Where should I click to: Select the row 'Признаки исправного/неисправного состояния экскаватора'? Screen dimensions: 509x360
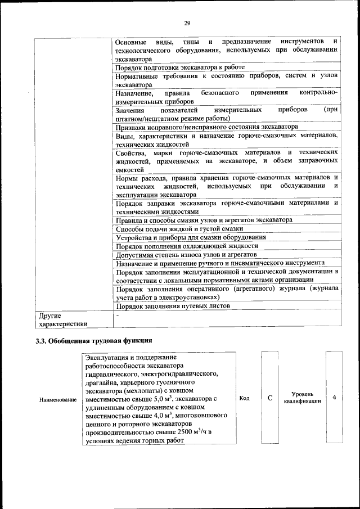pyautogui.click(x=206, y=127)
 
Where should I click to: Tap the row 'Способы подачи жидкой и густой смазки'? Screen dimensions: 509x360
pyautogui.click(x=179, y=229)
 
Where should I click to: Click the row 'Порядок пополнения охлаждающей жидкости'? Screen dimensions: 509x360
pyautogui.click(x=187, y=246)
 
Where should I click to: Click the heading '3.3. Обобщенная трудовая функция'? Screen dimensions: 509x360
pyautogui.click(x=93, y=341)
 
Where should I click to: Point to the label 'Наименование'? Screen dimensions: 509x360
pyautogui.click(x=58, y=399)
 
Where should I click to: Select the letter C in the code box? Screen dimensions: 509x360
pyautogui.click(x=270, y=398)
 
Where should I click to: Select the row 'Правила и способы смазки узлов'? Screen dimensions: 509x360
pyautogui.click(x=204, y=220)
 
